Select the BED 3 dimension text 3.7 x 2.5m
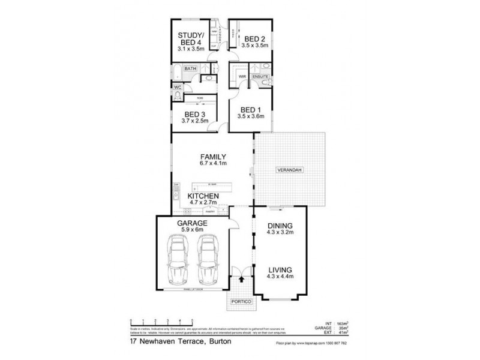(195, 121)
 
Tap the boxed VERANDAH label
(289, 170)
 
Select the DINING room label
(280, 226)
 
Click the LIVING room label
(280, 270)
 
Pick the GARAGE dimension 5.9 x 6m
(192, 229)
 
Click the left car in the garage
(178, 260)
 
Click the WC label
(177, 88)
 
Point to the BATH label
(190, 70)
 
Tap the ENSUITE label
(260, 77)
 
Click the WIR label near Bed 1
(243, 77)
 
